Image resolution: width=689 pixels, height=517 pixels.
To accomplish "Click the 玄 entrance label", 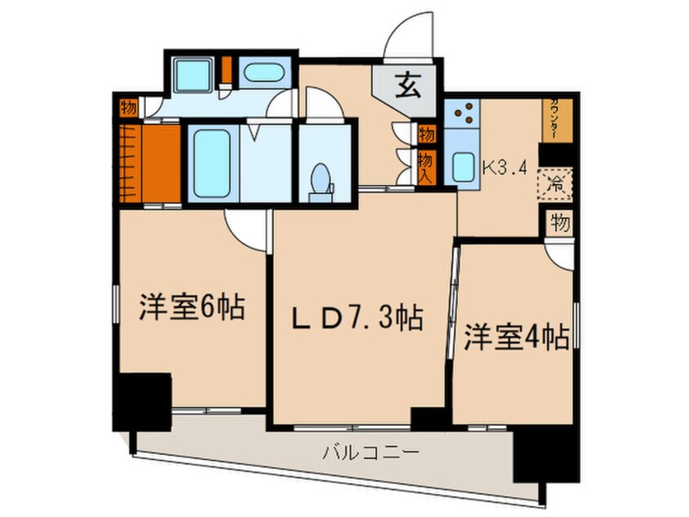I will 409,84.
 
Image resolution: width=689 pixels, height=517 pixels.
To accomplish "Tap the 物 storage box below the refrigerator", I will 559,222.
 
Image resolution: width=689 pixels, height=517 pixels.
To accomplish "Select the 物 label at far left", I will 127,106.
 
